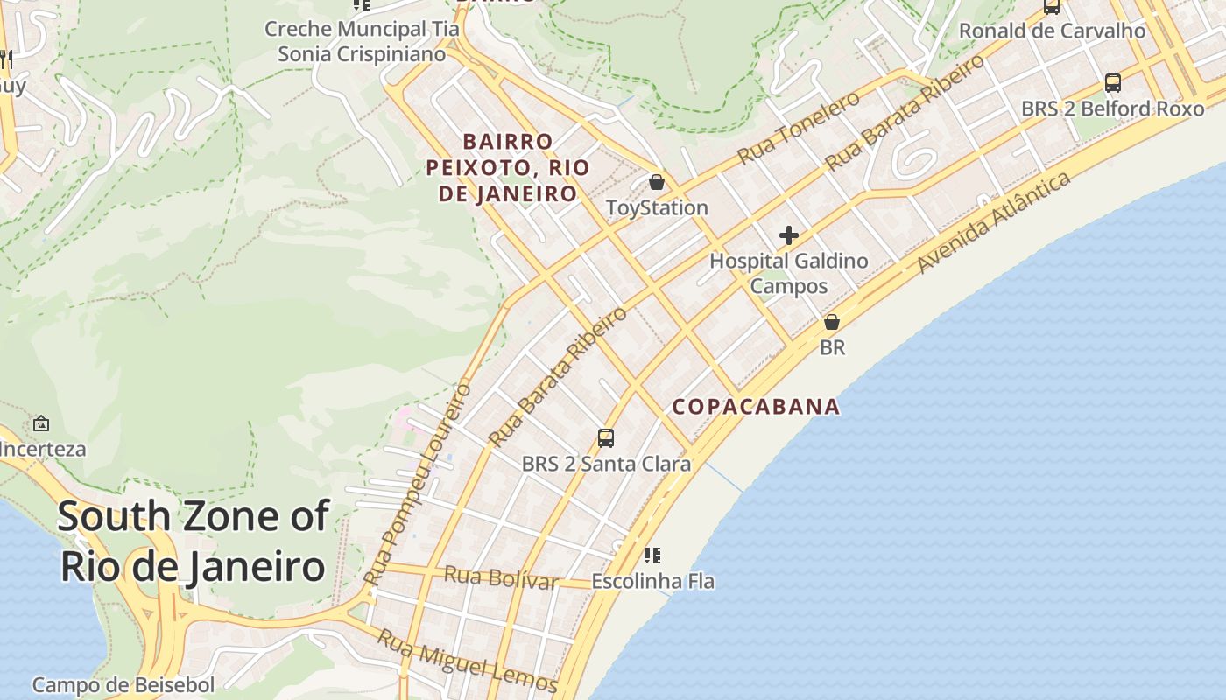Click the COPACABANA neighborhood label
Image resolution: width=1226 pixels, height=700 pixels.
(x=756, y=407)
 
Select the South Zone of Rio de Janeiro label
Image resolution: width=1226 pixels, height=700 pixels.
(x=193, y=542)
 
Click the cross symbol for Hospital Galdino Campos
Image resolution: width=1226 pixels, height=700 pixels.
(x=789, y=235)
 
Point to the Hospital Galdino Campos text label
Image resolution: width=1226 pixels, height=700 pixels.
(x=788, y=273)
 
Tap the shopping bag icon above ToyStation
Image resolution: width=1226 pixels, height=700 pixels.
(x=657, y=182)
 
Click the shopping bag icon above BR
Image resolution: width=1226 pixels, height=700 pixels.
(x=832, y=322)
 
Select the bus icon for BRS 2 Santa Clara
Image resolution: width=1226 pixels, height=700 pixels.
(x=605, y=437)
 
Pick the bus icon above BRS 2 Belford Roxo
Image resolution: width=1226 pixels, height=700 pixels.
(x=1113, y=83)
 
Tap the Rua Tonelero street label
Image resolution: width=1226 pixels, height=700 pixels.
(x=799, y=128)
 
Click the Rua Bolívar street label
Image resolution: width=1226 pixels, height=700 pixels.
(x=501, y=577)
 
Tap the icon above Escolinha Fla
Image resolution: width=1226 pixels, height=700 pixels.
(x=652, y=555)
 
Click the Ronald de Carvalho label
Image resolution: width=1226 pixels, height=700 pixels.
(x=1052, y=31)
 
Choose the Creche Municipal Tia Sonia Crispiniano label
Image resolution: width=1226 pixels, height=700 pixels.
(x=362, y=41)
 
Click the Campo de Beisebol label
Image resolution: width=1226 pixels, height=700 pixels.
(x=123, y=685)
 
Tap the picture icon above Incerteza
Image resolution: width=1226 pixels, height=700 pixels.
(x=41, y=423)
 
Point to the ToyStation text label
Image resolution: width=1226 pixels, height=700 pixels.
(x=657, y=208)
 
